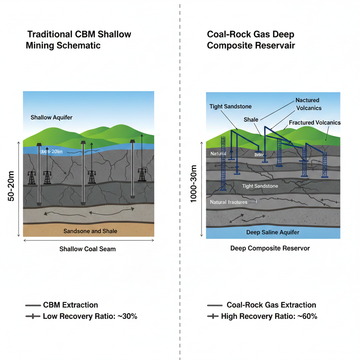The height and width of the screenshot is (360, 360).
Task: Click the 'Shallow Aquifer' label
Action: pos(51,117)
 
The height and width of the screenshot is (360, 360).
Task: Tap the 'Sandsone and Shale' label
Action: pos(90,231)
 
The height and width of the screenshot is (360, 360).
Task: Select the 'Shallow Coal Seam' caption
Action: pos(87,249)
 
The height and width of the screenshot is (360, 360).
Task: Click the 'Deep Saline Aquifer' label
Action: pos(273,232)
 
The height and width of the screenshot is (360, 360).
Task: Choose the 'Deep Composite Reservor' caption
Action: pos(270,248)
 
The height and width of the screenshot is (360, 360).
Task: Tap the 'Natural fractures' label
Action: pos(229,202)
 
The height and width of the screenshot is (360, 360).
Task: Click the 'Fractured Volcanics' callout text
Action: pos(315,123)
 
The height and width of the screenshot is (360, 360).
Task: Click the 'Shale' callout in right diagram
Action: pos(251,120)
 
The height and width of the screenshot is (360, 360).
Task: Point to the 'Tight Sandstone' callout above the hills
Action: pos(230,107)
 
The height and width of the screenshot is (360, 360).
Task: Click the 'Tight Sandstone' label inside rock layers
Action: pos(260,186)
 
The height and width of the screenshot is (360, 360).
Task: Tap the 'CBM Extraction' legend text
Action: pos(70,305)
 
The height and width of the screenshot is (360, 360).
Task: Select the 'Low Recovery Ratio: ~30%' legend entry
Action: pos(90,316)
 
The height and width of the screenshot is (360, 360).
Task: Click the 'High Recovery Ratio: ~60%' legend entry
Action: pos(269,316)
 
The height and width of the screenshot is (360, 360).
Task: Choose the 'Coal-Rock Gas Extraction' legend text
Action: pos(271,305)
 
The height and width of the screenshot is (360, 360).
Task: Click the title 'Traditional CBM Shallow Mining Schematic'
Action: pos(79,40)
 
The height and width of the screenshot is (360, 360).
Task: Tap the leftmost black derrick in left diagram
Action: pos(32,178)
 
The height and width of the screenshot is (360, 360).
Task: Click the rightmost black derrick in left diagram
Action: pos(142,175)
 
